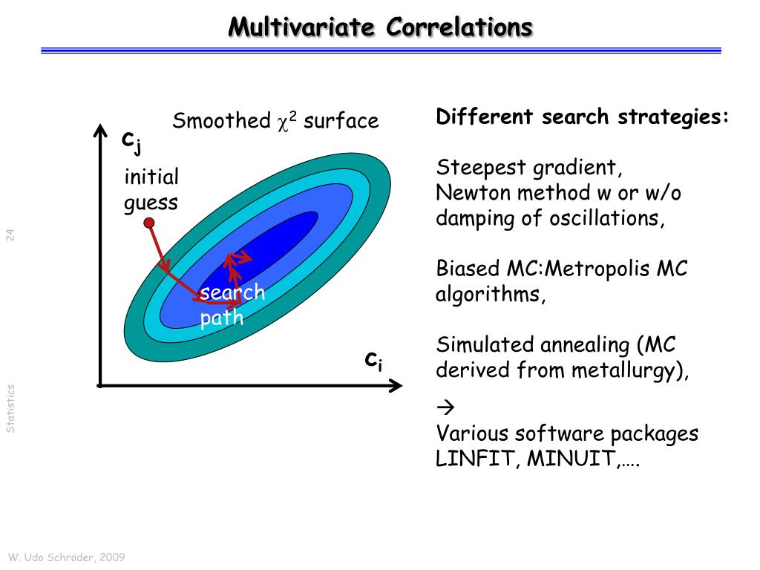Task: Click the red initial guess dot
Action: click(x=149, y=223)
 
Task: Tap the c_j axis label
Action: click(x=131, y=142)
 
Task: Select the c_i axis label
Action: click(x=374, y=361)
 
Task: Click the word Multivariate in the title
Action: click(x=301, y=27)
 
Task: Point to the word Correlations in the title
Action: click(x=459, y=27)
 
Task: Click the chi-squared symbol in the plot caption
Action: click(x=287, y=122)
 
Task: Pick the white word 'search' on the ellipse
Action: click(x=232, y=292)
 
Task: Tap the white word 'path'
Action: click(x=221, y=318)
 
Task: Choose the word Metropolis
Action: click(x=597, y=269)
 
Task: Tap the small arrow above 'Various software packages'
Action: click(x=445, y=407)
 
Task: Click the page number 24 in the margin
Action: click(x=10, y=235)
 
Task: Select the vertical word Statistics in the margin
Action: click(x=10, y=409)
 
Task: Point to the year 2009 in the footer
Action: click(x=112, y=557)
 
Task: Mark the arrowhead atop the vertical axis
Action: click(x=100, y=131)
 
